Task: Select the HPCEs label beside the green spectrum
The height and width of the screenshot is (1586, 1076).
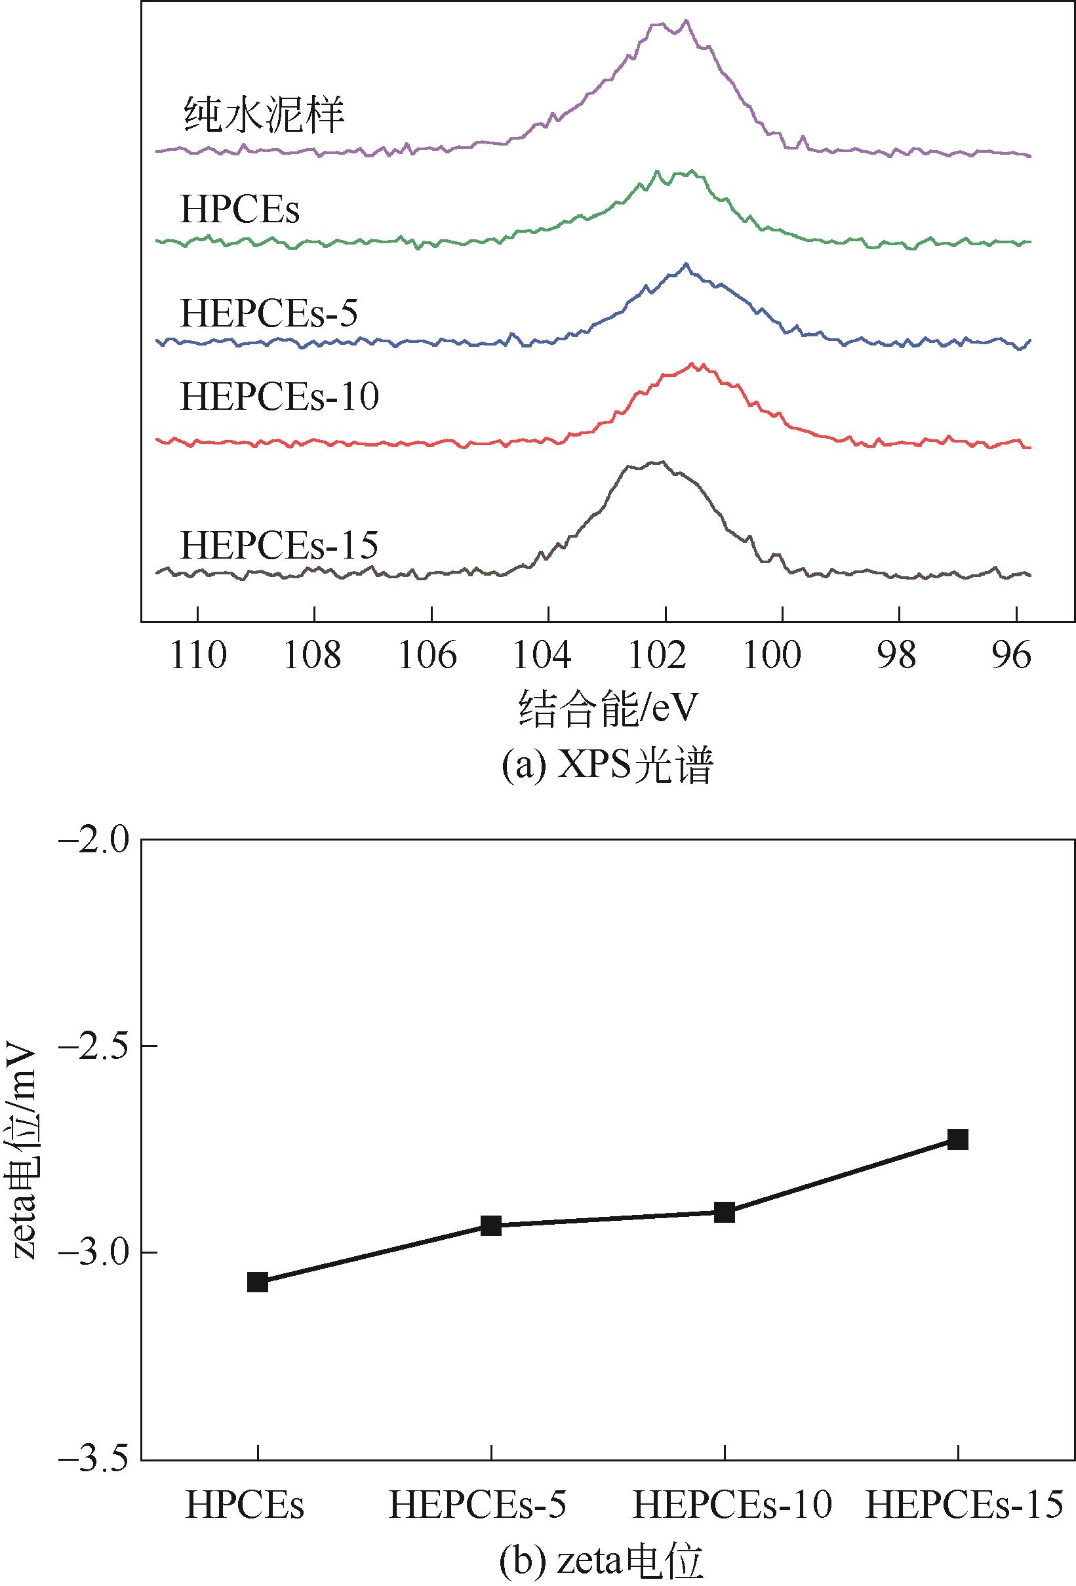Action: [239, 210]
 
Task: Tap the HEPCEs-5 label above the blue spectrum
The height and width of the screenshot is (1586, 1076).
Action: [269, 313]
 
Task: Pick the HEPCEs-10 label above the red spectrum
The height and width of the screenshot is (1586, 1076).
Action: [279, 397]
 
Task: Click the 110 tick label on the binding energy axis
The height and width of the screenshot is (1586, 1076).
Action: [198, 656]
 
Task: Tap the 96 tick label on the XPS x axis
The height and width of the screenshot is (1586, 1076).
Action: [1016, 656]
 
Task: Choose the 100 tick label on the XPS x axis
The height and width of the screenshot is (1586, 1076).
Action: [782, 656]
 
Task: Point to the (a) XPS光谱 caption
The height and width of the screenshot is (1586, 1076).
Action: [607, 768]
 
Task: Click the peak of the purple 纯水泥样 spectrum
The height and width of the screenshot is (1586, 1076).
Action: [686, 21]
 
